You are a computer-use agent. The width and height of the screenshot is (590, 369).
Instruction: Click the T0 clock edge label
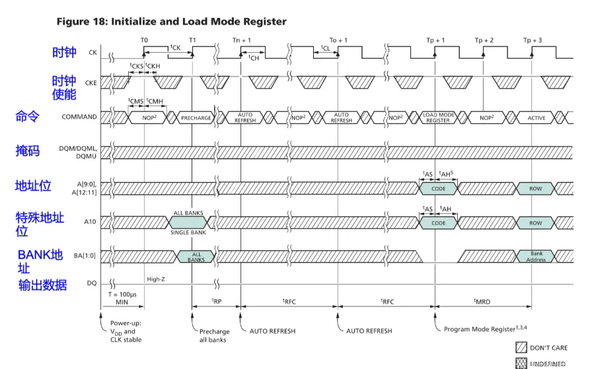(143, 40)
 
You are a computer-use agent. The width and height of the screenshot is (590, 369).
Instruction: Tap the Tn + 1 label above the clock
(241, 40)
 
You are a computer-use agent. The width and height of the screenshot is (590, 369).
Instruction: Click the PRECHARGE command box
(196, 118)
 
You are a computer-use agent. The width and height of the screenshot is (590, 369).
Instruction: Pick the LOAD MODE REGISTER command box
(438, 117)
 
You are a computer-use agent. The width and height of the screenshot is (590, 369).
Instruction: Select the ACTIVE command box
(536, 118)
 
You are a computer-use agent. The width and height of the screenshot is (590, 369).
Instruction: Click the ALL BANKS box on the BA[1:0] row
(196, 257)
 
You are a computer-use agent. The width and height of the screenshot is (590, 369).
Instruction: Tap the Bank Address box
(536, 257)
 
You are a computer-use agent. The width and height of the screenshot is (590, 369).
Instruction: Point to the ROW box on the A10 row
(536, 223)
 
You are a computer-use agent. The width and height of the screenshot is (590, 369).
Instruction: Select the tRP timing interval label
(216, 300)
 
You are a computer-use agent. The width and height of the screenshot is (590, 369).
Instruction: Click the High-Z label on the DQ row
(156, 279)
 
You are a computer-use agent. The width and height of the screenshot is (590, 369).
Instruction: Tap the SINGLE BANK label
(189, 232)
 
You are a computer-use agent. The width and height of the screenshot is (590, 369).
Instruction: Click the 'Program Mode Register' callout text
(480, 328)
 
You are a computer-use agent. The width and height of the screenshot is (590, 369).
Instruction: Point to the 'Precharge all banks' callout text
(214, 335)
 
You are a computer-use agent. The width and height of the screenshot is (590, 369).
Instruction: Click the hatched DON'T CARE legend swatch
(521, 347)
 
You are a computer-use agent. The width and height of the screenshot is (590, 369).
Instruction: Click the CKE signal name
(89, 81)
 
